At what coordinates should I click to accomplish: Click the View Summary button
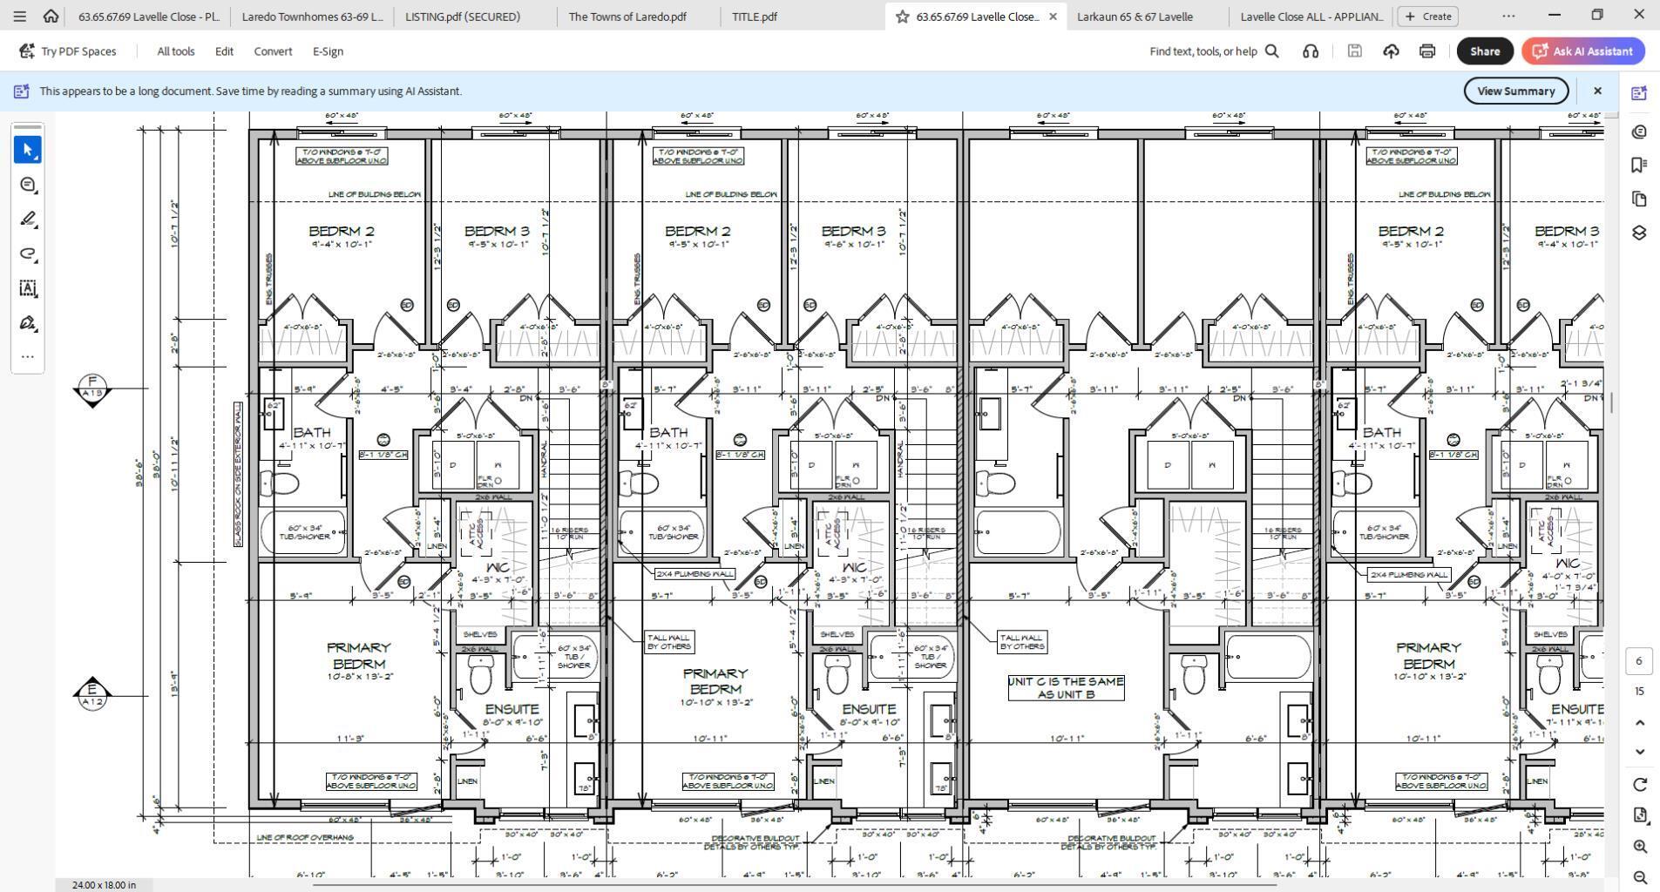click(x=1514, y=91)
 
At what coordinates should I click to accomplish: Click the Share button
click(x=1484, y=51)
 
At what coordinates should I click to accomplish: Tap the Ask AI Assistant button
click(x=1583, y=51)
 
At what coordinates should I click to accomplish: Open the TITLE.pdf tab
click(x=755, y=17)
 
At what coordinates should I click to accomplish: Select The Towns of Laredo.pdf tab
click(x=627, y=17)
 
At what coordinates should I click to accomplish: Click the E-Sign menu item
click(x=328, y=51)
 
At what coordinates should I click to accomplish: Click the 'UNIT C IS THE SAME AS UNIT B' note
click(x=1066, y=687)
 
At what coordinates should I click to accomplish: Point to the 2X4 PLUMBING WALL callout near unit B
click(x=694, y=574)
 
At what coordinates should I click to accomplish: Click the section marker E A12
click(x=92, y=694)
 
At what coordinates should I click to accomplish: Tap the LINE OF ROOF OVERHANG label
click(x=305, y=837)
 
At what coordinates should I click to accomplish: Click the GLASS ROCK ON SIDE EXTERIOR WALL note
click(x=238, y=475)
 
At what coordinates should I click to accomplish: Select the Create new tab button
click(x=1427, y=17)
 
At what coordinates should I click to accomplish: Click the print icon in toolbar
click(x=1426, y=51)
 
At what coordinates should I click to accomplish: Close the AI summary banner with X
click(x=1596, y=91)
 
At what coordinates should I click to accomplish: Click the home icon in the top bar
click(x=51, y=17)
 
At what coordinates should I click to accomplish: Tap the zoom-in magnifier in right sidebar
click(x=1639, y=846)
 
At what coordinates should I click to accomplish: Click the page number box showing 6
click(x=1638, y=660)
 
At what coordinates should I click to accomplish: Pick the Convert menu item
click(x=273, y=51)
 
